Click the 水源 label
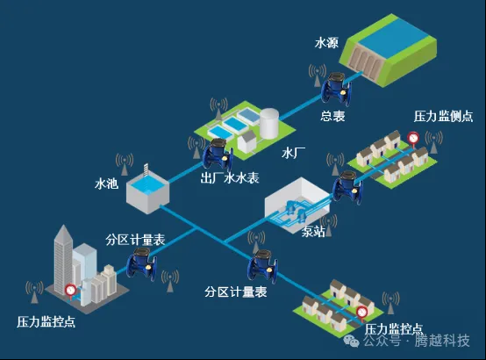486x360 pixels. point(327,41)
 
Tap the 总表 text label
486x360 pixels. point(332,115)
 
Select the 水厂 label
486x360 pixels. point(293,152)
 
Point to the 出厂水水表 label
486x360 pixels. point(231,178)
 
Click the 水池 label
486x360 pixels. point(106,184)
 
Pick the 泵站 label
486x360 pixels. point(313,232)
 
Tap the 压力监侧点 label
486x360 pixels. point(444,116)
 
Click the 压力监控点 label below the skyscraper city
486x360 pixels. point(46,322)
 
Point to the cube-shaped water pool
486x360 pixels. point(147,189)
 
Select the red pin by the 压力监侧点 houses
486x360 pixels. point(412,138)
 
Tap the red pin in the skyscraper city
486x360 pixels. point(69,289)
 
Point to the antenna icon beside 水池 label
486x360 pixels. point(125,164)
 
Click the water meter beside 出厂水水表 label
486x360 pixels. point(216,155)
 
